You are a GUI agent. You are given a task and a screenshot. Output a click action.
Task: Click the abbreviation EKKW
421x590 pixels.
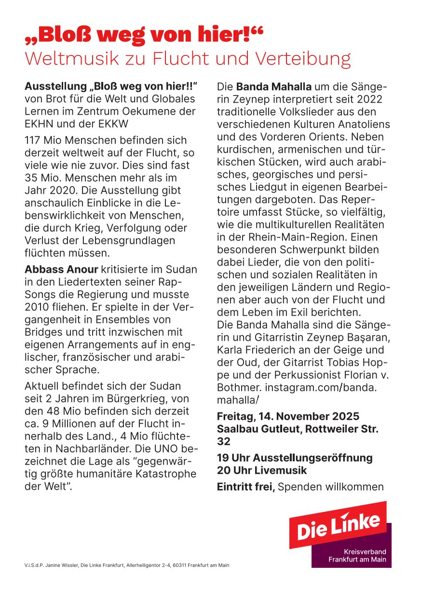coord(111,124)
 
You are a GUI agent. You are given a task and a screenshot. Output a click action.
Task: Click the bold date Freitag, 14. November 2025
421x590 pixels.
coord(288,416)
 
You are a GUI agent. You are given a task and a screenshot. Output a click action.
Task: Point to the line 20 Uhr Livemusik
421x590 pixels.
coord(262,470)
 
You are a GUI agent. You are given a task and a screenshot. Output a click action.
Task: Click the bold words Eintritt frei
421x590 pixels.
coord(245,487)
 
